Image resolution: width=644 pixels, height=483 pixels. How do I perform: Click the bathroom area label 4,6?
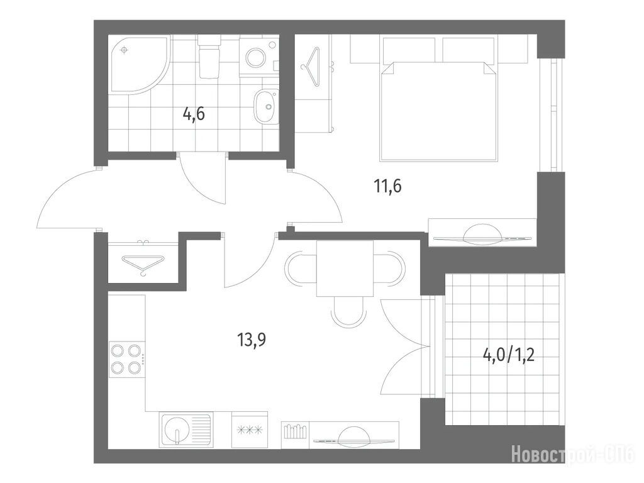[x=194, y=113]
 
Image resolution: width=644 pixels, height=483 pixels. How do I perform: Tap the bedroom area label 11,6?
[x=387, y=186]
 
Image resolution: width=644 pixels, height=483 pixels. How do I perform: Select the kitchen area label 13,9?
[x=252, y=340]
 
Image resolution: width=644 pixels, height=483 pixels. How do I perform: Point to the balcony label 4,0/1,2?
[x=508, y=355]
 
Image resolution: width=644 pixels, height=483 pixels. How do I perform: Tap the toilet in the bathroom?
[x=209, y=57]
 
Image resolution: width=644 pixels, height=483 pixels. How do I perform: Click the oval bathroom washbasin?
[x=265, y=106]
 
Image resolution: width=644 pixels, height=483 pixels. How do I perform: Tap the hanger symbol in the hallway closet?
[x=143, y=263]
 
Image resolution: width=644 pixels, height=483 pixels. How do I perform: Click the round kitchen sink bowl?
[x=177, y=430]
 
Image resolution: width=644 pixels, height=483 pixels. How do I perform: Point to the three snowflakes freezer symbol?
[x=250, y=430]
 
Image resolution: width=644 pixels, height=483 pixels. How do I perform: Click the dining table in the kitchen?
[x=345, y=268]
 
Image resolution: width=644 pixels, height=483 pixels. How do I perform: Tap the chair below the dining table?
[x=348, y=311]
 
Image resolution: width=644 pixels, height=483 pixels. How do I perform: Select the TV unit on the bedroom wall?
[x=482, y=233]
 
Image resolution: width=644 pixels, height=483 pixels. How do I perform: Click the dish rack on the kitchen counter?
[x=295, y=431]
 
